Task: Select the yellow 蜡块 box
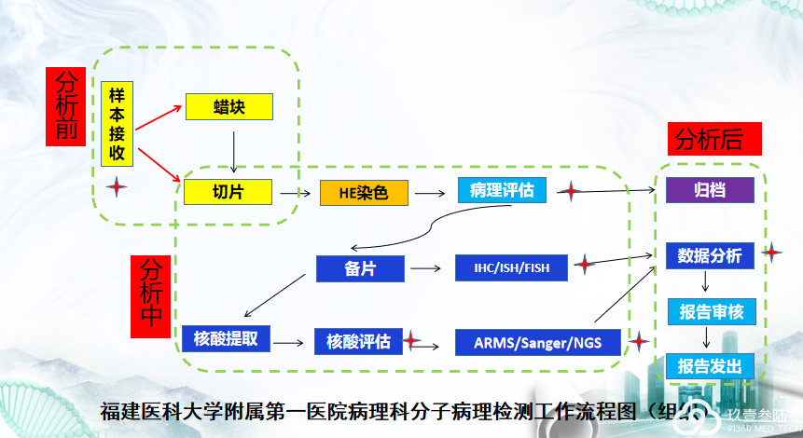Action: [228, 106]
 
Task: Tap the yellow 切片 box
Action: [228, 192]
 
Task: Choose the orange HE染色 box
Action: [364, 193]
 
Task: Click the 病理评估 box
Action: [502, 191]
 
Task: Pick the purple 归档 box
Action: [709, 190]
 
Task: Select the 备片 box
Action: [360, 269]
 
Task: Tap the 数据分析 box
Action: [710, 255]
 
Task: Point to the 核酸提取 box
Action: [226, 338]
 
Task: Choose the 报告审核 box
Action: [711, 311]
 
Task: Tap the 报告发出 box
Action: [711, 366]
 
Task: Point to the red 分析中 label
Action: [150, 291]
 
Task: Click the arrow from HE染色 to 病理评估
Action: [430, 193]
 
